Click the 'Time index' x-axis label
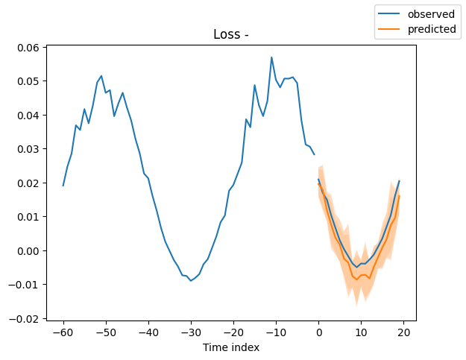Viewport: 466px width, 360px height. tap(231, 347)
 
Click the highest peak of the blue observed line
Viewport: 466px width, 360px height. tap(271, 57)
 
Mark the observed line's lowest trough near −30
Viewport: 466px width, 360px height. tap(191, 280)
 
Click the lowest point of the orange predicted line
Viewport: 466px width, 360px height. tap(356, 279)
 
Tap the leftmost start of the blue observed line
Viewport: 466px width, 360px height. tap(63, 186)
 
